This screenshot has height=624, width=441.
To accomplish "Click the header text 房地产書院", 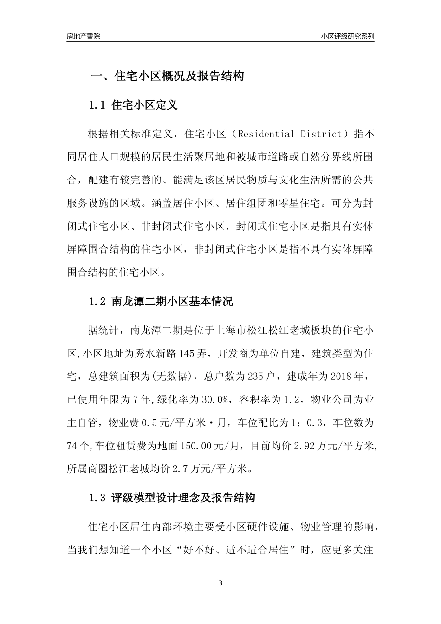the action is pyautogui.click(x=84, y=36).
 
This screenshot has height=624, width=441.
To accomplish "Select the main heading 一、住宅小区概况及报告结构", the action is pyautogui.click(x=167, y=76).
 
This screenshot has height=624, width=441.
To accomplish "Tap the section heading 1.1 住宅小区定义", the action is pyautogui.click(x=133, y=105).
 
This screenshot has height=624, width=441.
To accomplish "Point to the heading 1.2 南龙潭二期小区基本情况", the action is pyautogui.click(x=161, y=302).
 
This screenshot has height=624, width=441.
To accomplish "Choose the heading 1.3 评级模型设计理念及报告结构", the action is pyautogui.click(x=172, y=499).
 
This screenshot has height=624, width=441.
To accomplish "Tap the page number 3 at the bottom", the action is pyautogui.click(x=220, y=583).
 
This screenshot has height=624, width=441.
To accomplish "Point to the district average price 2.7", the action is pyautogui.click(x=179, y=469).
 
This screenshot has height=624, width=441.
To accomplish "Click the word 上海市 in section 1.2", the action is pyautogui.click(x=228, y=331).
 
